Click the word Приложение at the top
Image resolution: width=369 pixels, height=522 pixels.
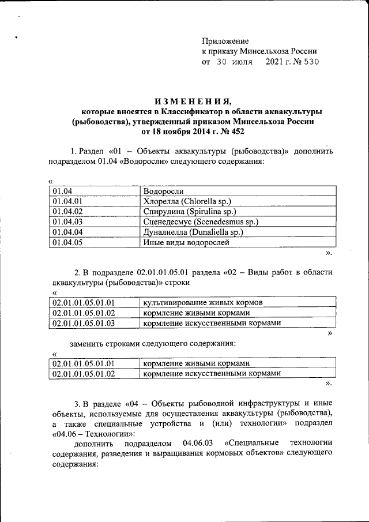(225, 41)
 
